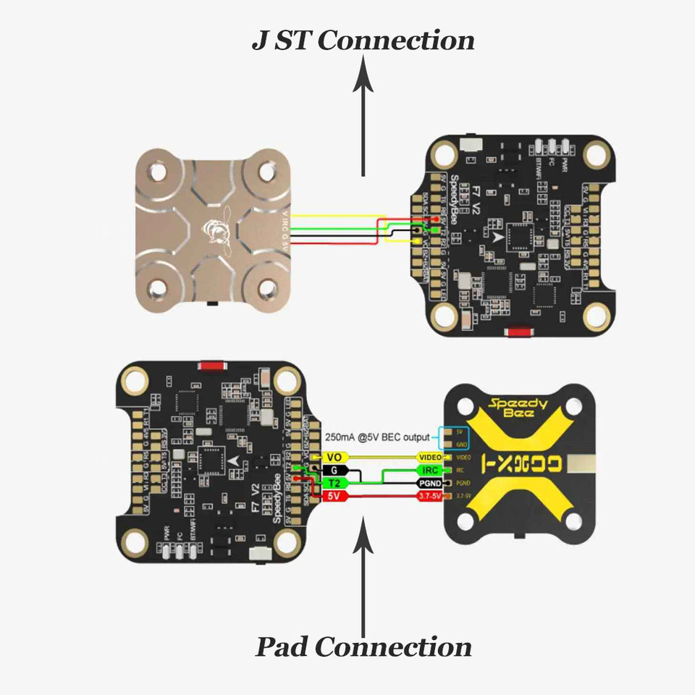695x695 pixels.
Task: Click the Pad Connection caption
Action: (363, 646)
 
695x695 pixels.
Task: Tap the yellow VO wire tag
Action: (334, 457)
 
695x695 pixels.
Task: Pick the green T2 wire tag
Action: (334, 483)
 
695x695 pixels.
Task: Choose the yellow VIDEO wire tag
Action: (432, 457)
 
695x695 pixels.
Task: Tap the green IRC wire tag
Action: (432, 470)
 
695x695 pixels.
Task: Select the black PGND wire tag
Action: (432, 483)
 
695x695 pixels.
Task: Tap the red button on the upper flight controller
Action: (516, 332)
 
